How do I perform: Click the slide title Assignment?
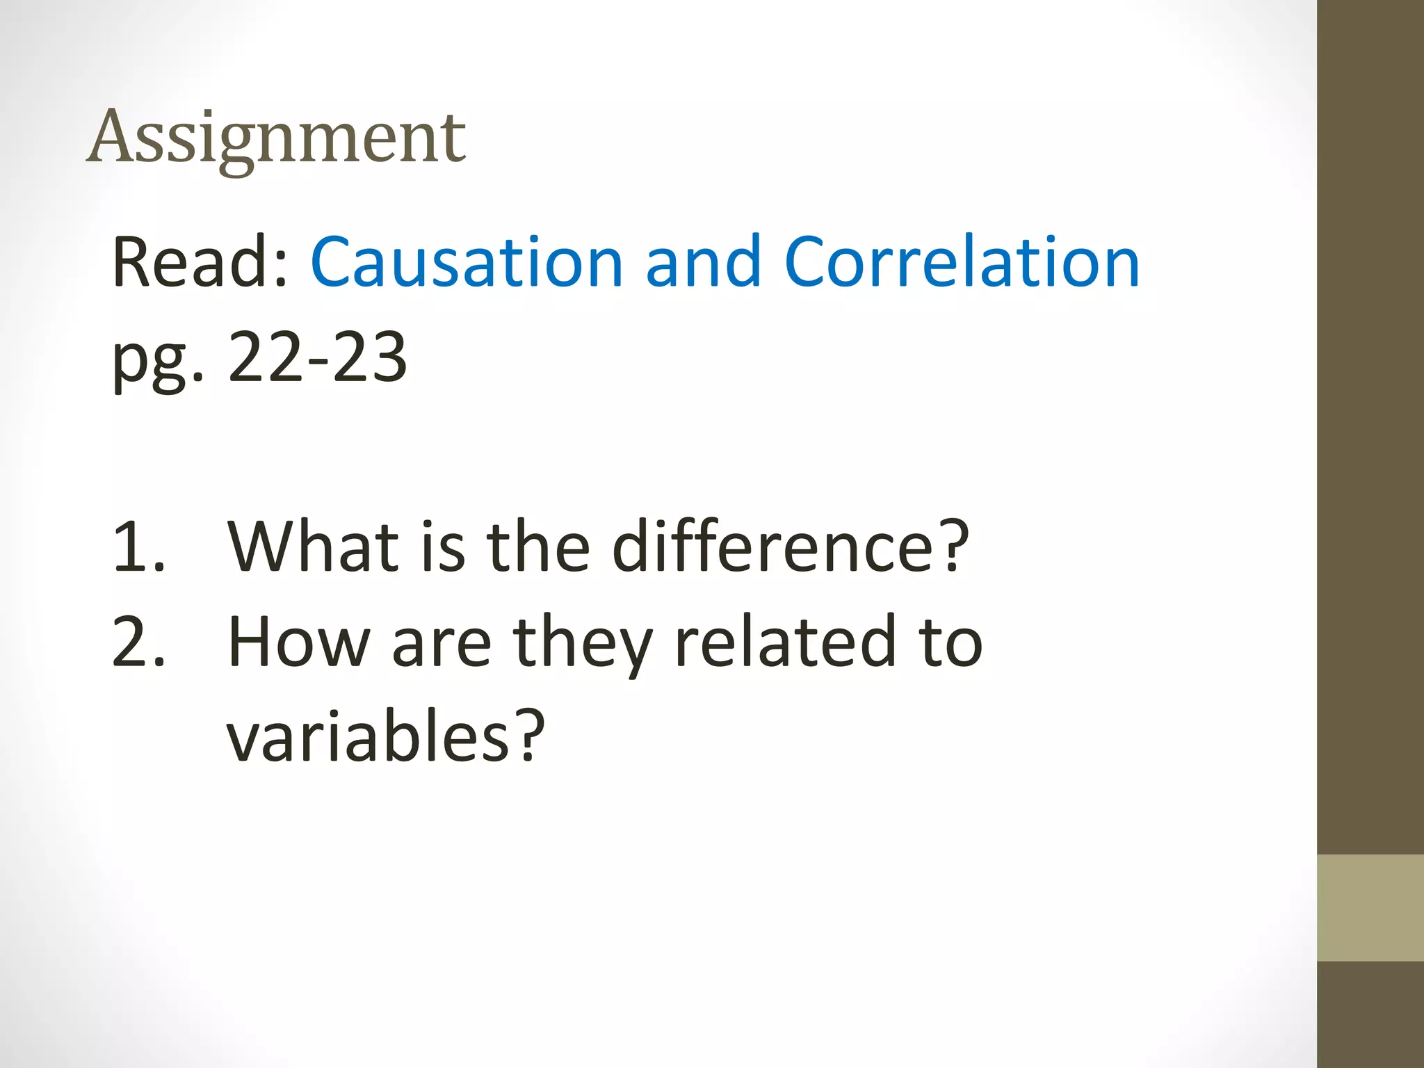277,139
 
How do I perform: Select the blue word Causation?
467,263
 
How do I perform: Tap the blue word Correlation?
962,263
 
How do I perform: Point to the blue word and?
703,263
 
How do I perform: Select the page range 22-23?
318,357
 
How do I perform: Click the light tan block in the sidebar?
1370,907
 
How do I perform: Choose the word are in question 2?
442,645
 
